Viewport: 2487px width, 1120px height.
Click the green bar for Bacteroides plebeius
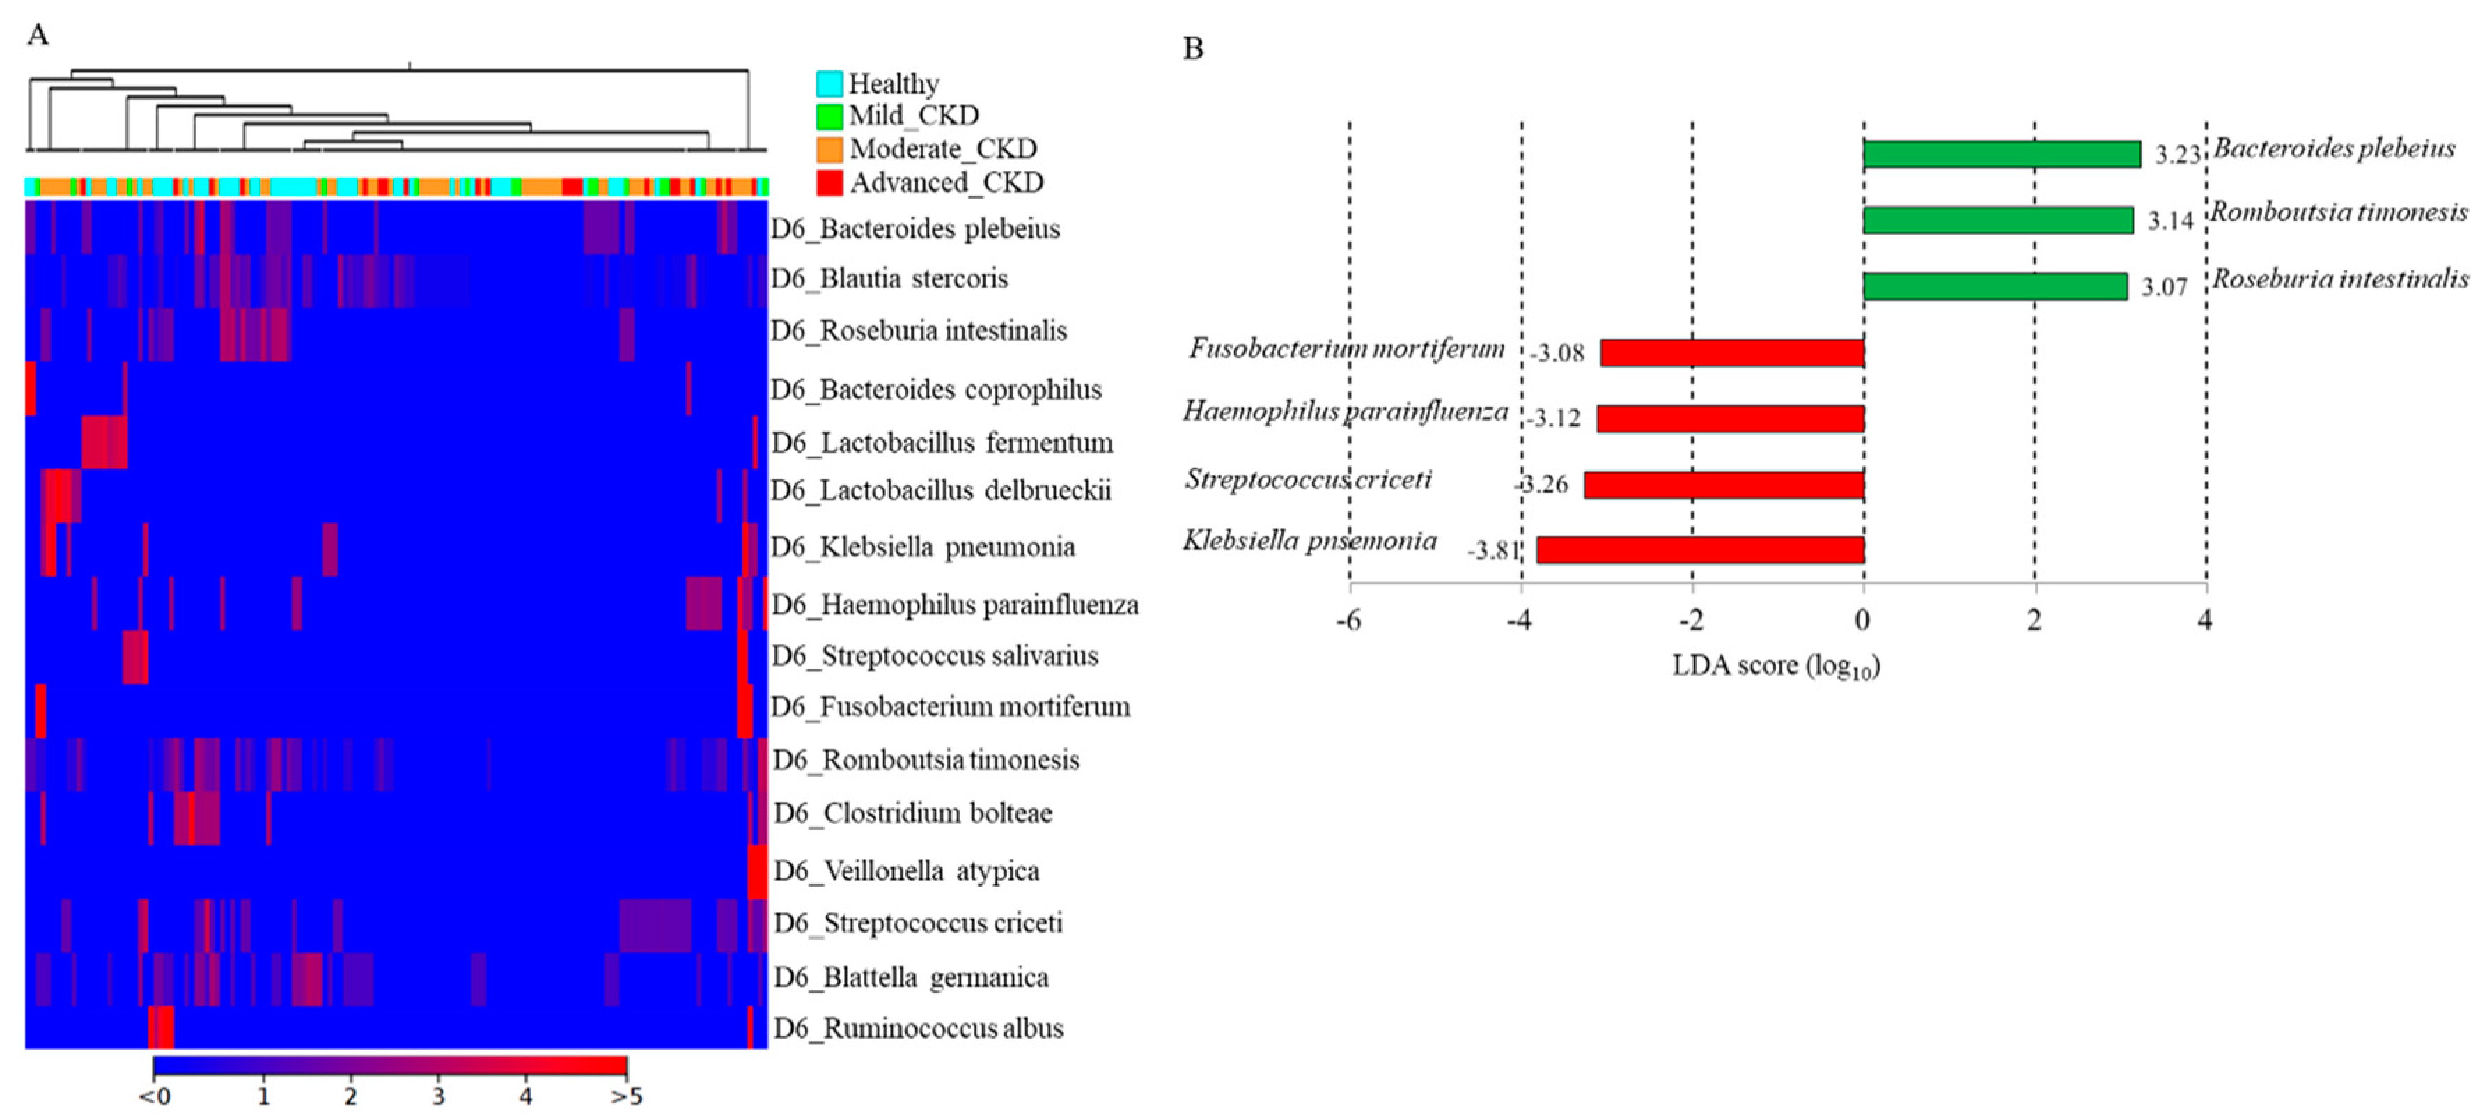[2002, 153]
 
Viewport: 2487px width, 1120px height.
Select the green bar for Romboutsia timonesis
[1997, 220]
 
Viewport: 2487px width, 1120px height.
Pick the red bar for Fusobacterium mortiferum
[1732, 352]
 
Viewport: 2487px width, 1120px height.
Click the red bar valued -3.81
[1700, 550]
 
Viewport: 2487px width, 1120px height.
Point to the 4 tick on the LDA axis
[2205, 620]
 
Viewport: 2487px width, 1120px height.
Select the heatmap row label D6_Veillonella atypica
[907, 871]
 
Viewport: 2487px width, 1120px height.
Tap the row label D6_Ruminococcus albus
[918, 1028]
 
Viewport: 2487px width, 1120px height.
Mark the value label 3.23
[2177, 155]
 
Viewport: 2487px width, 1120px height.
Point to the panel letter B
[1193, 48]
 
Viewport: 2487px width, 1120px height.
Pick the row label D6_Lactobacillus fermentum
[942, 443]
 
